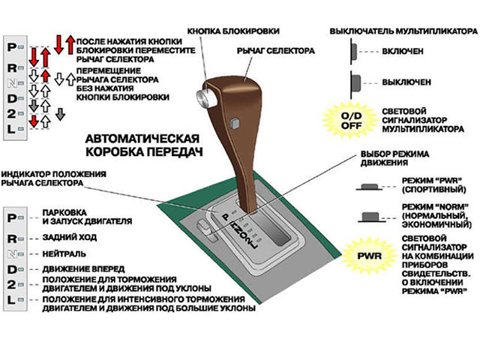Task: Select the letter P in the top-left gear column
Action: point(11,46)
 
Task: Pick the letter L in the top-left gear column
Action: point(11,129)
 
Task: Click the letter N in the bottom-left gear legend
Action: point(11,253)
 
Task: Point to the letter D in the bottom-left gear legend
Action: point(11,269)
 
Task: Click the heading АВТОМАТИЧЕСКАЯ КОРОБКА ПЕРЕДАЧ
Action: point(142,145)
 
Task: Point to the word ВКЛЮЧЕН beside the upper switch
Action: point(403,52)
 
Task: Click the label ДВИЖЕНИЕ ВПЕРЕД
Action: point(83,268)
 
